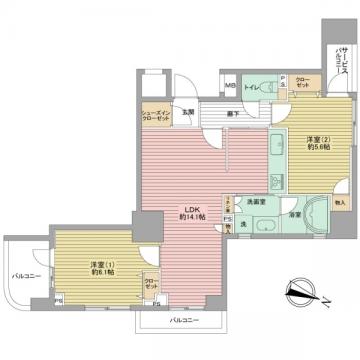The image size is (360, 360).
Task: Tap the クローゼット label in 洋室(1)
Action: point(149,285)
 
